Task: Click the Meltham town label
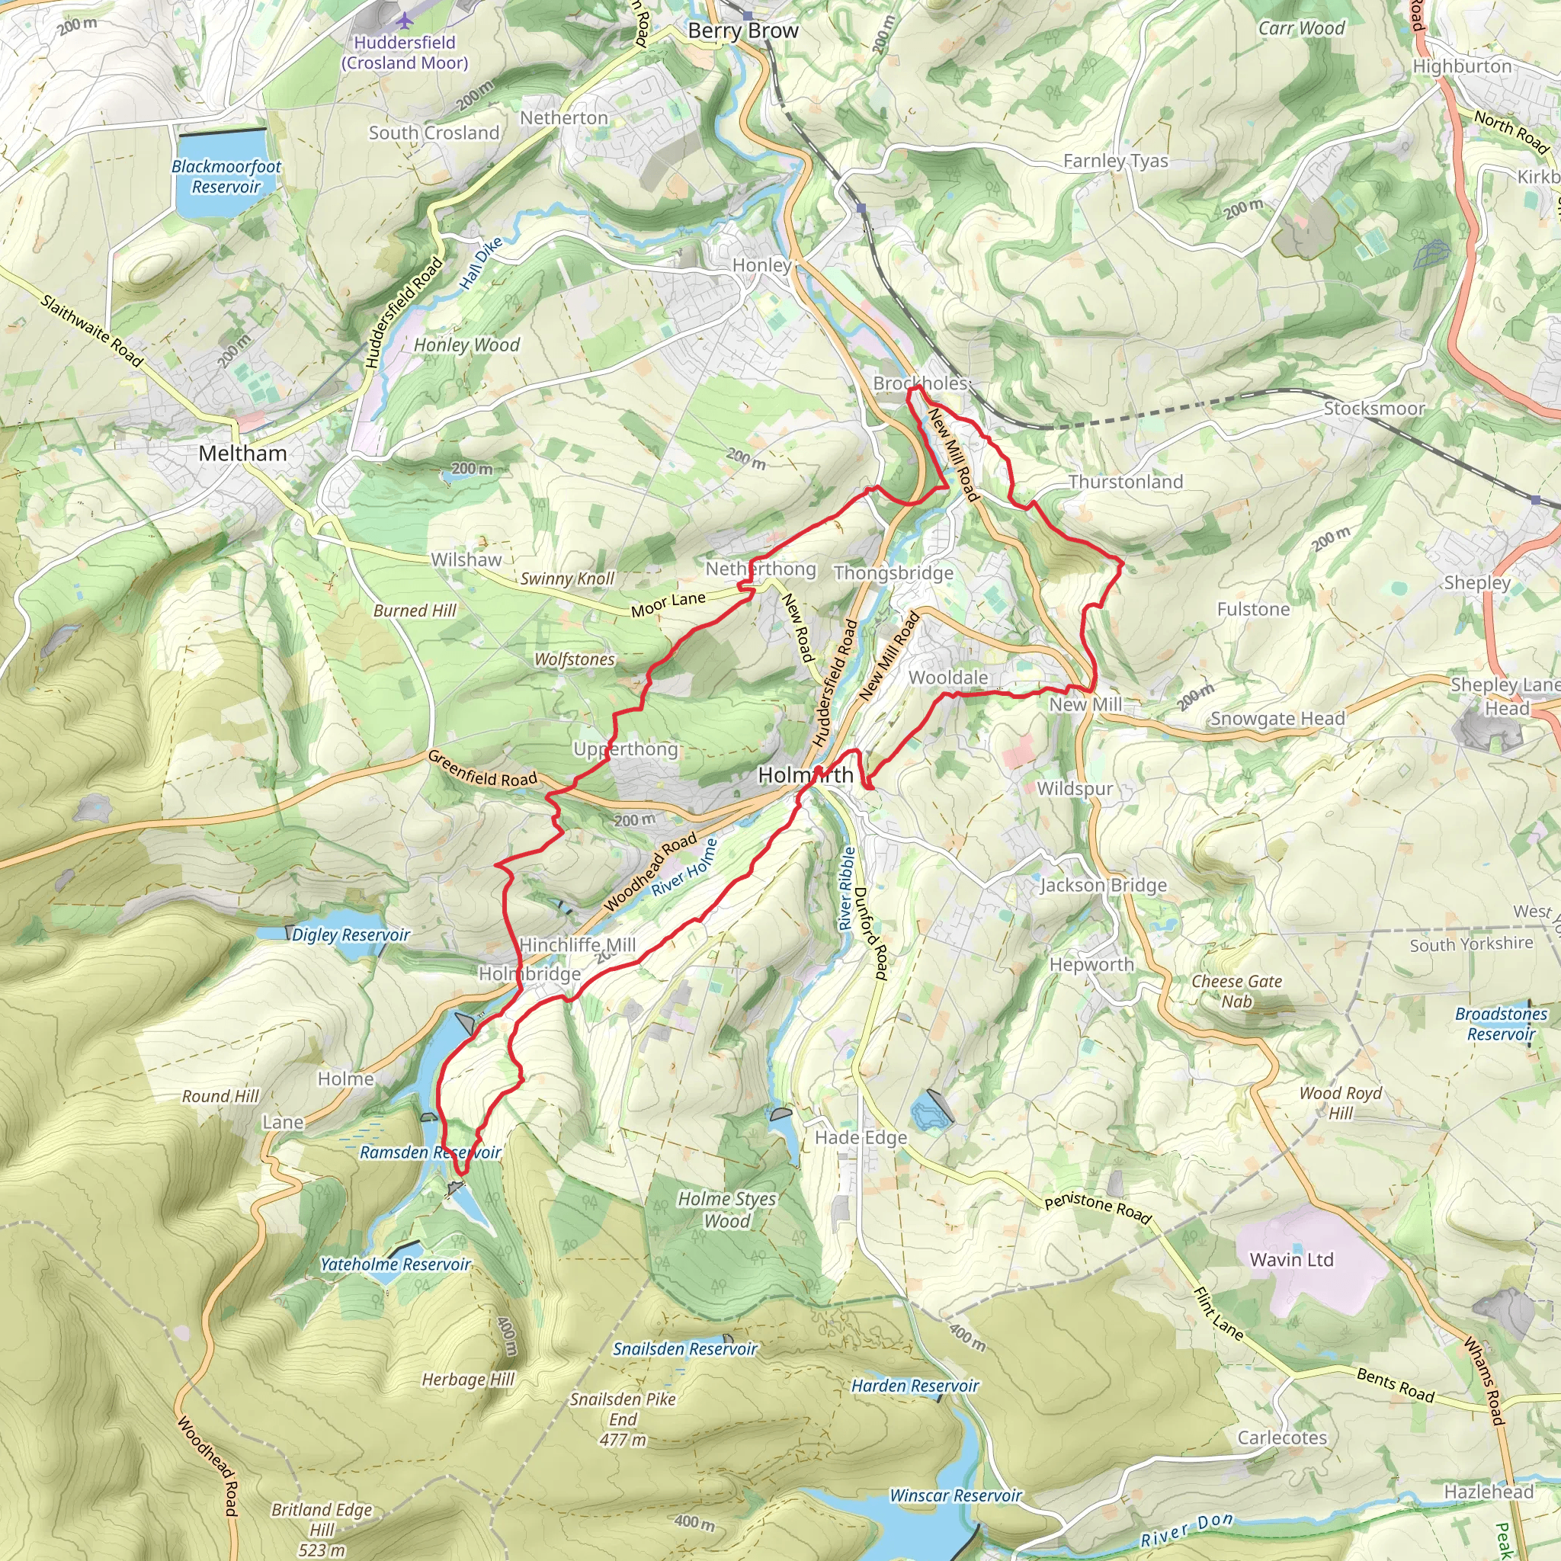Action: (x=242, y=454)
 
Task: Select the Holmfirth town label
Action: (x=805, y=775)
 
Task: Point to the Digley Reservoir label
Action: (x=351, y=934)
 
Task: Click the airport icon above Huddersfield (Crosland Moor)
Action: (x=405, y=19)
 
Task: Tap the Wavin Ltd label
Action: (x=1291, y=1260)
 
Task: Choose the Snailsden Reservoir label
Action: (x=685, y=1348)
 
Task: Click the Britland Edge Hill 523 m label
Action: (x=322, y=1530)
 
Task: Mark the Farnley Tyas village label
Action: (x=1115, y=161)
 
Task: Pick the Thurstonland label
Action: (x=1126, y=482)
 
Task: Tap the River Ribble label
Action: (x=846, y=889)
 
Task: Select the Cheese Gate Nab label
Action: (x=1236, y=992)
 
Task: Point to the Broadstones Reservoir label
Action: (x=1502, y=1024)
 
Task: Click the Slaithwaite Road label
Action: (x=92, y=332)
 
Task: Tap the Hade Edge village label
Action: (x=861, y=1138)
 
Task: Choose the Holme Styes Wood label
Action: (x=726, y=1210)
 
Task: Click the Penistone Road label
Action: (x=1098, y=1207)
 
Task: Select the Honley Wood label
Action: (x=467, y=345)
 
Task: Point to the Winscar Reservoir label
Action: (x=956, y=1495)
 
